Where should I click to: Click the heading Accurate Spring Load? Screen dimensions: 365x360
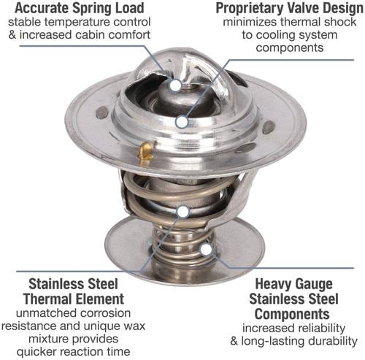(80, 8)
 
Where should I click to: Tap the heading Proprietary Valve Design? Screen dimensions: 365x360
(290, 8)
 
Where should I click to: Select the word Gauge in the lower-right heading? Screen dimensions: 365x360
(314, 284)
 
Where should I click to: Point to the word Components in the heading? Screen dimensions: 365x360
(292, 314)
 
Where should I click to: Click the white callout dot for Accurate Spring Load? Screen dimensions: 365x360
(175, 85)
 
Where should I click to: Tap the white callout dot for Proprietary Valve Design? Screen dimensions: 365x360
(182, 122)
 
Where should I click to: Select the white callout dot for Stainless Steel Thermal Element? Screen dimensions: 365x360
(183, 212)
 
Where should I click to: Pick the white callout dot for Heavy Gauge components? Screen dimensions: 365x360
(207, 249)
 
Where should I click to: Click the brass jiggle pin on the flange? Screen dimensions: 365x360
(145, 151)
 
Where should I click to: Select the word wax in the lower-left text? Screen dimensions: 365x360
(134, 326)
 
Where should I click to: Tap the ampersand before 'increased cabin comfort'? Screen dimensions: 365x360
(12, 34)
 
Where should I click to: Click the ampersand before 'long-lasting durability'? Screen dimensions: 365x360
(234, 341)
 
